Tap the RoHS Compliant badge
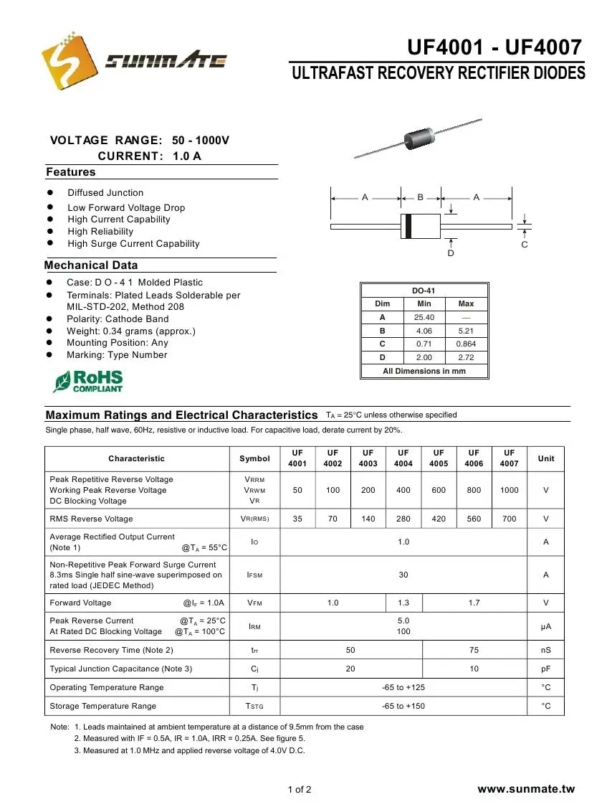(88, 381)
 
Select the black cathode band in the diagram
(408, 226)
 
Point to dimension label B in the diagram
(421, 197)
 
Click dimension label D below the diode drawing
(451, 253)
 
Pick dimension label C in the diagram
(525, 245)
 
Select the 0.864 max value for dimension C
(466, 344)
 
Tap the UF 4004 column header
(403, 458)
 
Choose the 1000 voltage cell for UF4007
(510, 490)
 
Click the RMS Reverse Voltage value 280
(403, 519)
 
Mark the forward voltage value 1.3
(403, 603)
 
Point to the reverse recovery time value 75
(474, 650)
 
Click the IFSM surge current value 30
(403, 575)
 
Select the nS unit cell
(546, 650)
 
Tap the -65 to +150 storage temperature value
(403, 706)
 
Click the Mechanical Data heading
(91, 265)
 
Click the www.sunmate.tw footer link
(527, 789)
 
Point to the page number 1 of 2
(300, 790)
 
